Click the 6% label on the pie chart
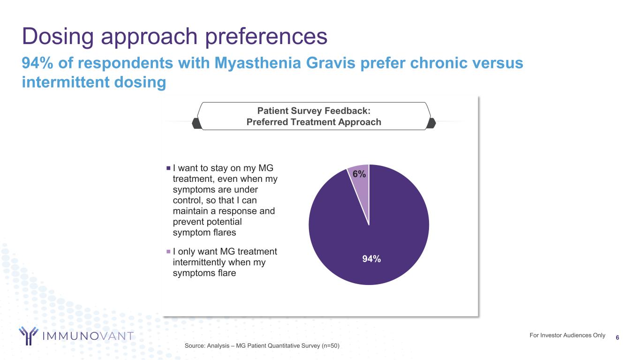click(359, 174)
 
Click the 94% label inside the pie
click(371, 259)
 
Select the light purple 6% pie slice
click(361, 183)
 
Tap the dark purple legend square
click(168, 168)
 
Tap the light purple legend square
click(168, 252)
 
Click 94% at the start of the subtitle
click(38, 63)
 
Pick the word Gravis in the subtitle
click(331, 63)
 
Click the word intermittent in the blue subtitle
click(66, 82)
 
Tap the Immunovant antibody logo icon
click(29, 336)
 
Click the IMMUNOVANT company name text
click(88, 336)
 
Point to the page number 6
click(617, 337)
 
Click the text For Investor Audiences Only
click(567, 336)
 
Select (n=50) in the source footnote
click(331, 346)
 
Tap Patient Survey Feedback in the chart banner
click(314, 111)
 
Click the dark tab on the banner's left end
click(196, 123)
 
